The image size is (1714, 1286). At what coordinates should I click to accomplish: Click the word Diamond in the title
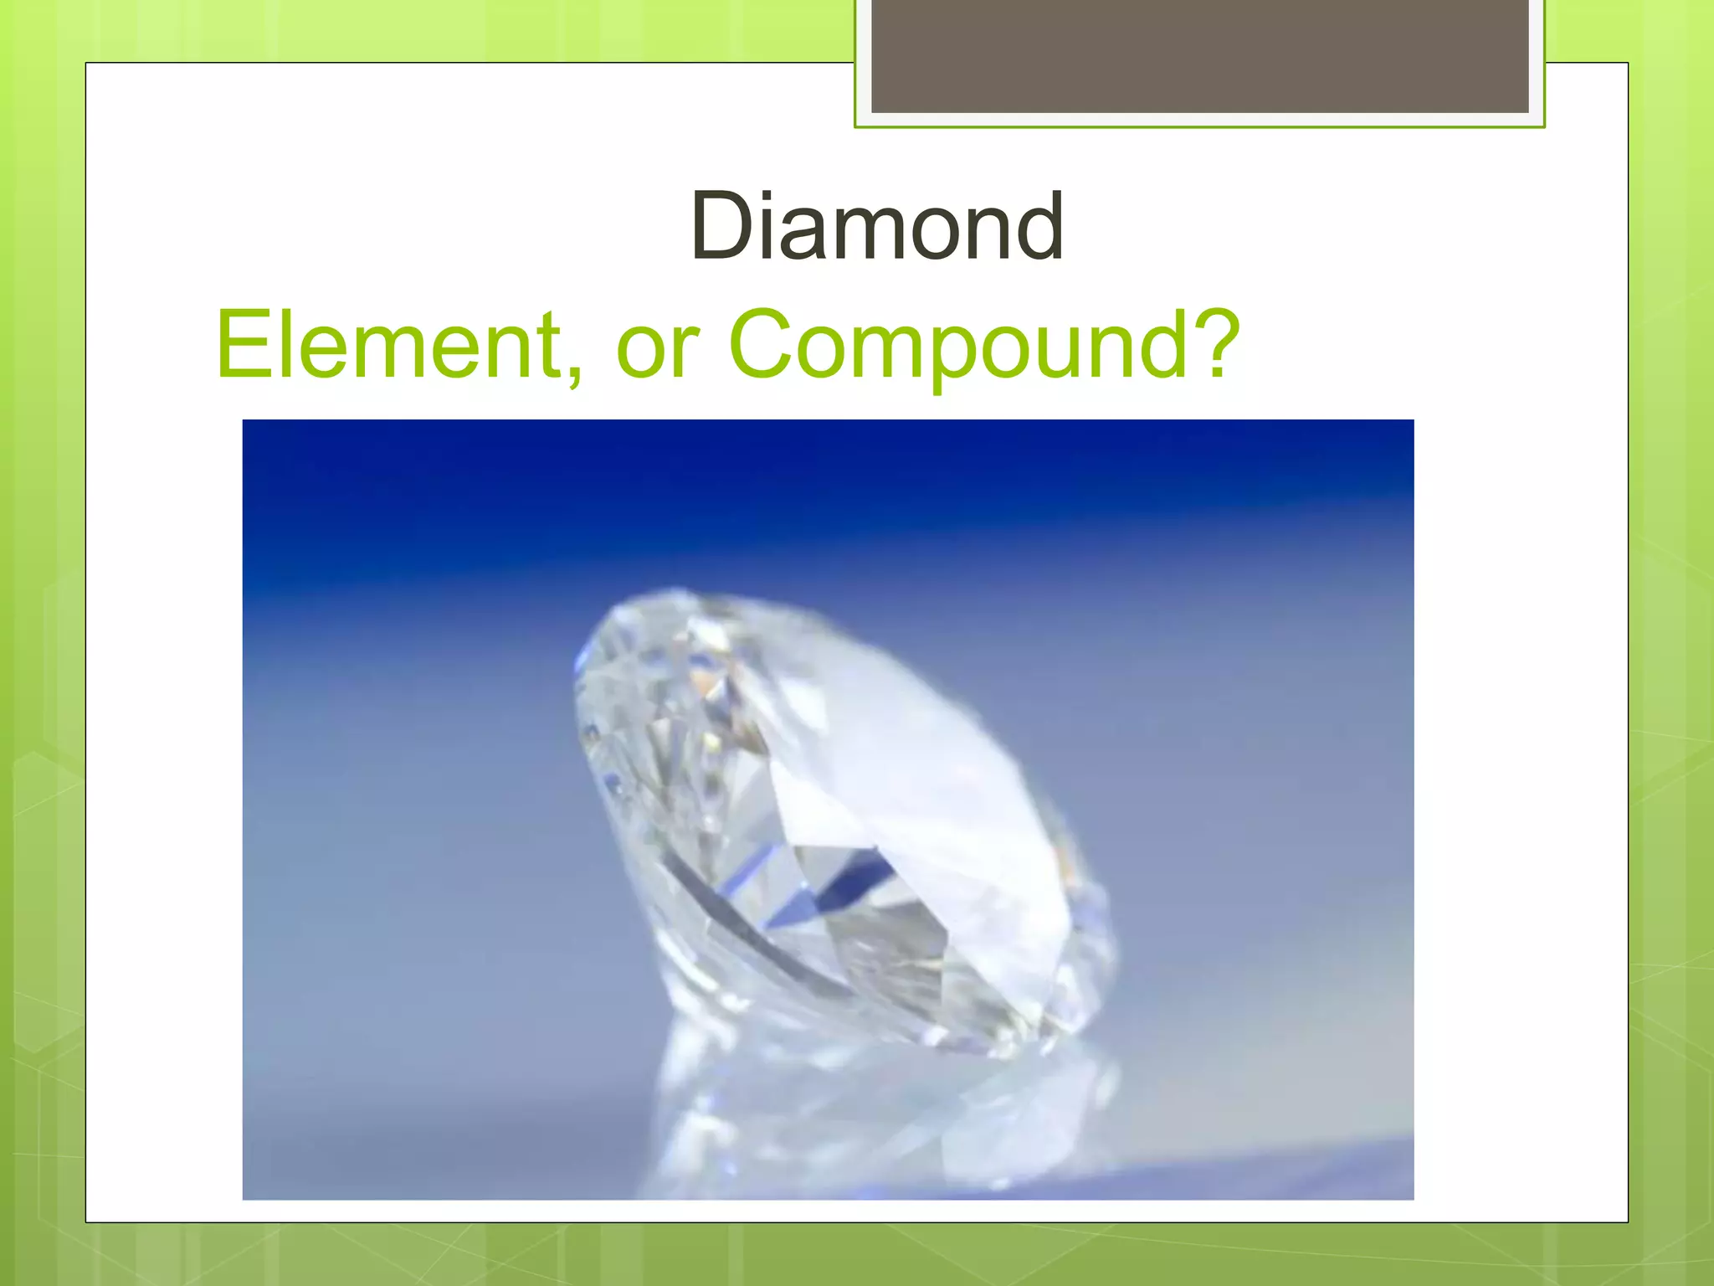(x=876, y=226)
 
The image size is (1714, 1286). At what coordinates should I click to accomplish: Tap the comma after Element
(x=572, y=373)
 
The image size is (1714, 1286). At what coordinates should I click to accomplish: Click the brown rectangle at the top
(x=1199, y=55)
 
